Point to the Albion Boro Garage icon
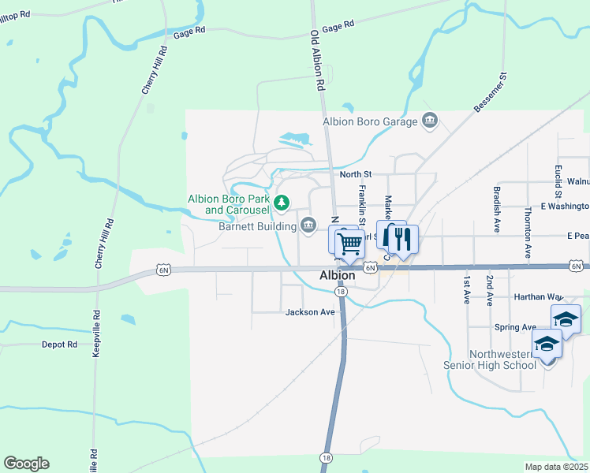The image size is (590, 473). pos(430,121)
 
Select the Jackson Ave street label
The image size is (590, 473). pos(310,312)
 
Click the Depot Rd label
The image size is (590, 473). pos(60,345)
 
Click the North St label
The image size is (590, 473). pos(355,174)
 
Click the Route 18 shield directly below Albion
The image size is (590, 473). pos(340,292)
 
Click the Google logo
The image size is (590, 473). pos(26,464)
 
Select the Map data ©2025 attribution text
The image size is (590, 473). pos(556,467)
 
